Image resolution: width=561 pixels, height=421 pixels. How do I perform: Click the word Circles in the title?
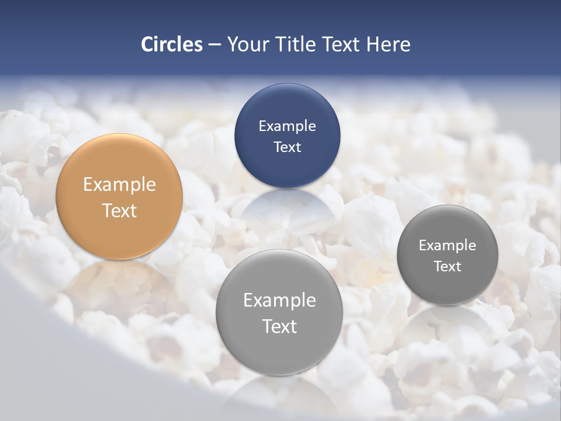171,44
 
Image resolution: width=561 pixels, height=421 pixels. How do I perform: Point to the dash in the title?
214,45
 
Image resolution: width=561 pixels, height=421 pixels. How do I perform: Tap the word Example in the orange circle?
119,185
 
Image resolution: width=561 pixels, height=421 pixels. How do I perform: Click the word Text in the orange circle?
119,210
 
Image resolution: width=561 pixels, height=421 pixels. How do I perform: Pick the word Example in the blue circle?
287,126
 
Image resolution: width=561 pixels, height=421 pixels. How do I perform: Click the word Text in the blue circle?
287,147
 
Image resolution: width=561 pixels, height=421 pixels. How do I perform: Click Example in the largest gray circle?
279,301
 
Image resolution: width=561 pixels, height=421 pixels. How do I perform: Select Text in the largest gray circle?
279,326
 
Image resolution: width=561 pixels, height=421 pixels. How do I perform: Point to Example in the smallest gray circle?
447,246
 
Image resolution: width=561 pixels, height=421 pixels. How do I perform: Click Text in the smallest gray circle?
447,267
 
